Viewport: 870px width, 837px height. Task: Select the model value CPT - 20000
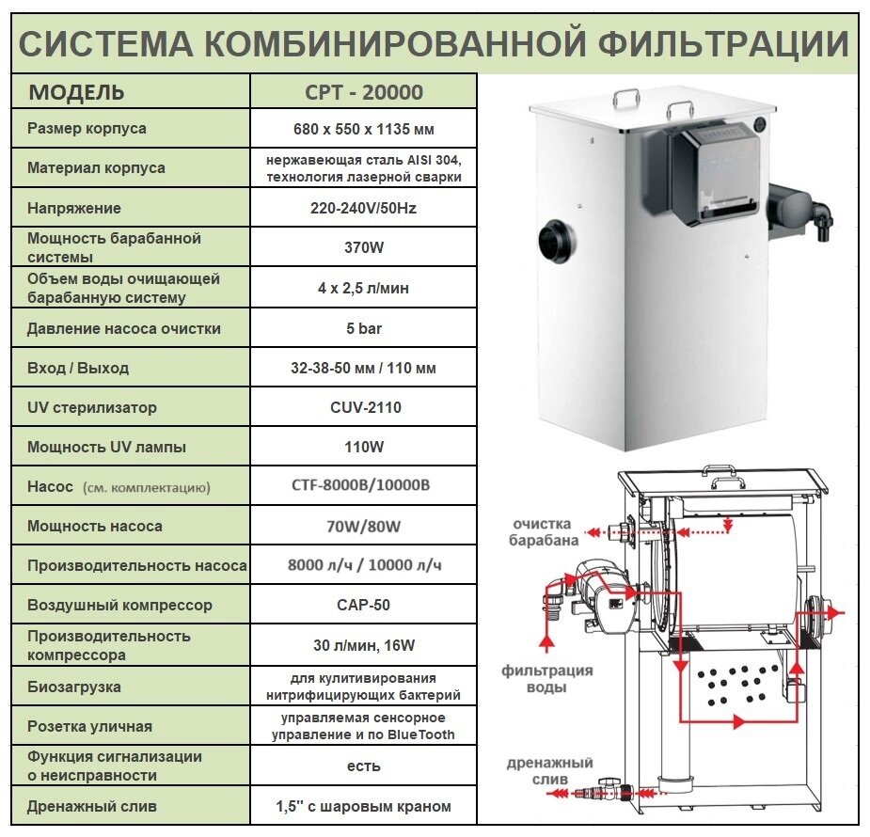(363, 92)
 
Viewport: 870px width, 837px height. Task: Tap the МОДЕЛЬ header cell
(77, 92)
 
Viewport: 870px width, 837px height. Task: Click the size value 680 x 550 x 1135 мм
(363, 129)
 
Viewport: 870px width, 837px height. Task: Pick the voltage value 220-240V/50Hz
(363, 208)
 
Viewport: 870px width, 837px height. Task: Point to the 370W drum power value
(363, 248)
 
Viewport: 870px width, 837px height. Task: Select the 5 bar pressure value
(363, 329)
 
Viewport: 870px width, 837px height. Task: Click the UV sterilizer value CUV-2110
(363, 408)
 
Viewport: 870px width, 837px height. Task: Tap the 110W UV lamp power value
(363, 448)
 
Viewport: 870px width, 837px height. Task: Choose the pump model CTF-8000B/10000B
(363, 487)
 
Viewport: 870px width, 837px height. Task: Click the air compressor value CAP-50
(363, 605)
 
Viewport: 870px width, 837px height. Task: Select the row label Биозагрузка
(74, 687)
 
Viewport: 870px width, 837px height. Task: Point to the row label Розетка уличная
(89, 726)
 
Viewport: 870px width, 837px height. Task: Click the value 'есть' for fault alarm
(363, 766)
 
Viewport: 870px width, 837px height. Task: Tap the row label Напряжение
(74, 208)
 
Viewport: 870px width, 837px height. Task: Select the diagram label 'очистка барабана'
(545, 531)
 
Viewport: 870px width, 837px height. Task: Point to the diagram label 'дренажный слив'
(550, 770)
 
